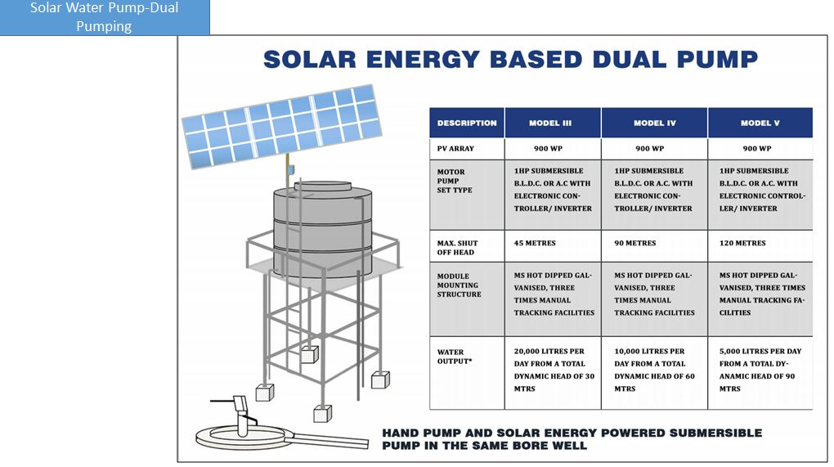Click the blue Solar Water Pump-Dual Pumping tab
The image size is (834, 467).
pyautogui.click(x=105, y=17)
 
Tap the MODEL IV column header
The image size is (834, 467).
pyautogui.click(x=654, y=123)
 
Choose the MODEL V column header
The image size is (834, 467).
pyautogui.click(x=760, y=123)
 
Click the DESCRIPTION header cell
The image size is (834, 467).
pyautogui.click(x=467, y=123)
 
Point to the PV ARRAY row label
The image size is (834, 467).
pyautogui.click(x=455, y=149)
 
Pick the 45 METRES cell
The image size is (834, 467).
pyautogui.click(x=535, y=243)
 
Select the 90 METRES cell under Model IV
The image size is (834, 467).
pyautogui.click(x=635, y=243)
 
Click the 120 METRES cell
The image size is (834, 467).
pyautogui.click(x=742, y=243)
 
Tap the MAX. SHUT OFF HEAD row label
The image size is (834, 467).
pyautogui.click(x=457, y=248)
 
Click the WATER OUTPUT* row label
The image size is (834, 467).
pyautogui.click(x=455, y=357)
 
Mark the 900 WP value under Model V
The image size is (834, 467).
pyautogui.click(x=757, y=149)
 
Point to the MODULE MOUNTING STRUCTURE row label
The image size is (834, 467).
pyautogui.click(x=459, y=285)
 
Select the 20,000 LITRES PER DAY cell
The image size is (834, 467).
pyautogui.click(x=549, y=370)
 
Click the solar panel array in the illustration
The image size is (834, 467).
pyautogui.click(x=282, y=127)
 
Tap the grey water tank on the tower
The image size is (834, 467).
pyautogui.click(x=323, y=229)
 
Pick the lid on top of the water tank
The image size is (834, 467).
pyautogui.click(x=323, y=186)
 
